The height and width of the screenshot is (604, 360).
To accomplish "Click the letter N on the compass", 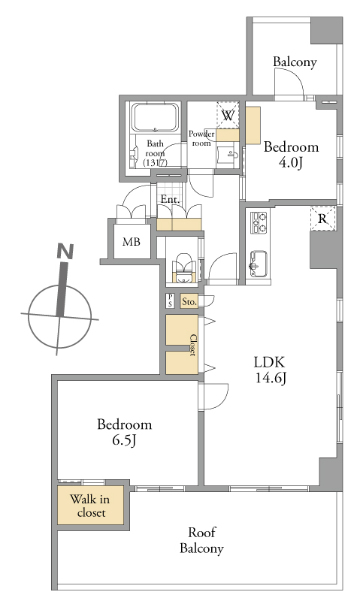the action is click(65, 251).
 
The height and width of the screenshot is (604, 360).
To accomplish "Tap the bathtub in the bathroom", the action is click(156, 117).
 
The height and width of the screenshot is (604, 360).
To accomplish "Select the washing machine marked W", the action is click(228, 115).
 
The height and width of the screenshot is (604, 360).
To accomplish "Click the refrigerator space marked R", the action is click(322, 219).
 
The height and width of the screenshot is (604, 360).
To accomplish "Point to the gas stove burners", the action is click(259, 222).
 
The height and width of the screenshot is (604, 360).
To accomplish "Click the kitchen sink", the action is click(259, 264).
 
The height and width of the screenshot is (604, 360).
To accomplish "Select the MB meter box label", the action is click(132, 242).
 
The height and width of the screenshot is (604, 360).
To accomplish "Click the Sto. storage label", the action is click(189, 301).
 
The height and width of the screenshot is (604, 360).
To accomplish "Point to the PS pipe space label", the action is click(171, 300).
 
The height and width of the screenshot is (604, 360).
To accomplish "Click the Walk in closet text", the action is click(90, 506).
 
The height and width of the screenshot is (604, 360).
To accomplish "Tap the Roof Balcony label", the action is click(201, 541).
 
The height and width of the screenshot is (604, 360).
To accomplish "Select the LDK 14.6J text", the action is click(270, 370).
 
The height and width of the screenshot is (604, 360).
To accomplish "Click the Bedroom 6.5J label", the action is click(124, 432).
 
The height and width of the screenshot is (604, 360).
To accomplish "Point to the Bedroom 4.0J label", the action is click(291, 155).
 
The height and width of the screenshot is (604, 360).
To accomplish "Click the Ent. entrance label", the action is click(170, 200).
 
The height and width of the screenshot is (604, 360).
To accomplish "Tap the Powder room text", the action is click(201, 138).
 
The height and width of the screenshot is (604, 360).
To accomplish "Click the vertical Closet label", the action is click(192, 345).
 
